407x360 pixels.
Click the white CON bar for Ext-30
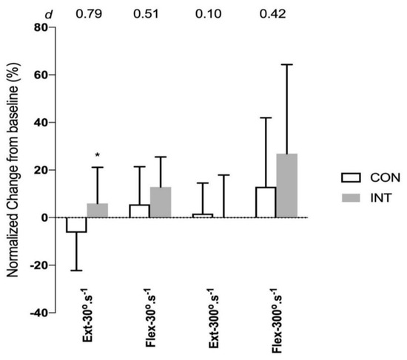point(76,225)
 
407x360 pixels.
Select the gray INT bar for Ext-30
point(97,210)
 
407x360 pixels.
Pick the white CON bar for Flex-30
point(139,211)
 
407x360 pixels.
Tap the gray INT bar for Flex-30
point(160,202)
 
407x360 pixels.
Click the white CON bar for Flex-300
point(265,202)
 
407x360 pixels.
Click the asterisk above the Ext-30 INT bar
point(97,156)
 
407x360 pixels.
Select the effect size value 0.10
point(213,10)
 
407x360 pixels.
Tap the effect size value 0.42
point(276,10)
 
